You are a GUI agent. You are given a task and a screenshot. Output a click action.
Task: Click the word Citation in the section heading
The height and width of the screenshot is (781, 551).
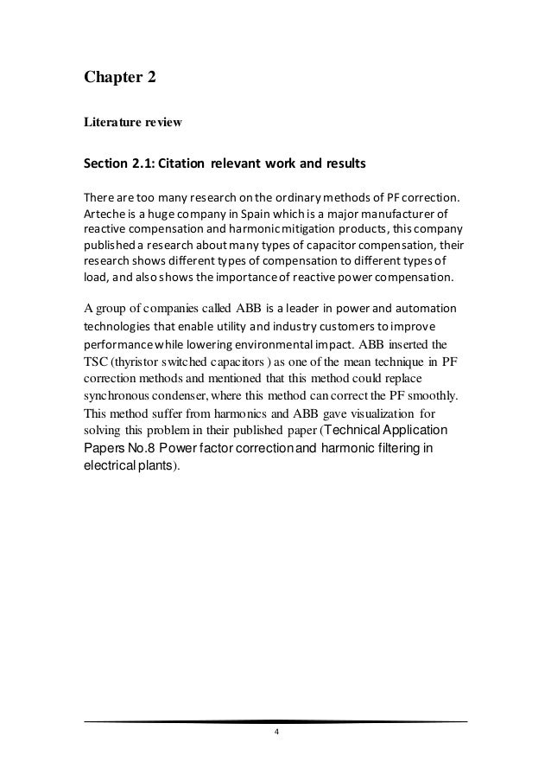(x=212, y=163)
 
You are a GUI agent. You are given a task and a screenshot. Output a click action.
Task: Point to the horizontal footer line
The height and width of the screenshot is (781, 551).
(x=275, y=720)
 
